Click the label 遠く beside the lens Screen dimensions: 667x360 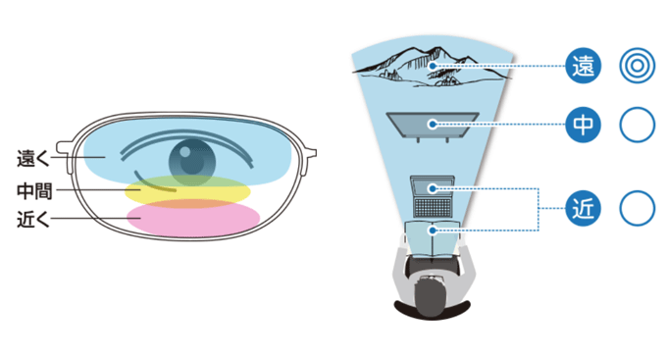(32, 158)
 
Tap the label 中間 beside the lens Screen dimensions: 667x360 (34, 190)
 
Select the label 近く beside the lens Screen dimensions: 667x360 (32, 219)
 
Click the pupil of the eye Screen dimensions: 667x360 (192, 162)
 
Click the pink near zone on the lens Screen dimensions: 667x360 (193, 219)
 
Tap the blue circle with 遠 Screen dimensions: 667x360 (583, 66)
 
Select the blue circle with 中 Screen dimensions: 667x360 (583, 125)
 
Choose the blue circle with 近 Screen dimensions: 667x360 (583, 209)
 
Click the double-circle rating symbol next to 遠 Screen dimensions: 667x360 (637, 66)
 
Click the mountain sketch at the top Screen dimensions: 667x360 (432, 67)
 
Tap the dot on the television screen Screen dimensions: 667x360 (433, 125)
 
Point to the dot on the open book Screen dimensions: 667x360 (433, 231)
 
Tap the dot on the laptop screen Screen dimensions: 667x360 (433, 188)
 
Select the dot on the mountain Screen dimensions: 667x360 (433, 66)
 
